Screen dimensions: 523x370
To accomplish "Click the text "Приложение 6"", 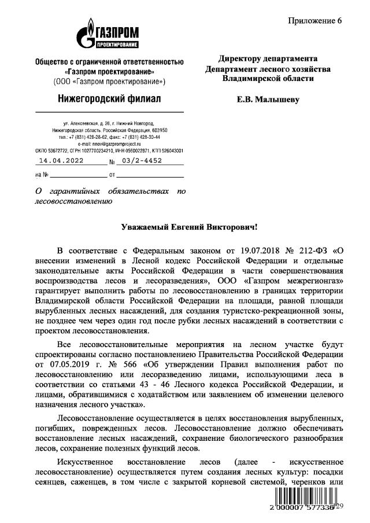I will pos(315,21).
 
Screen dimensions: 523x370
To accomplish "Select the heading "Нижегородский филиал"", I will pos(110,99).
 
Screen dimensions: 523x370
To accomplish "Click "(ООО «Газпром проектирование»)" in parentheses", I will pos(110,80).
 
